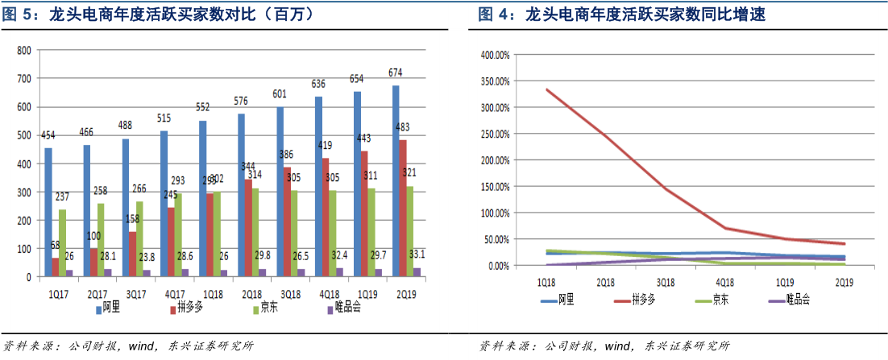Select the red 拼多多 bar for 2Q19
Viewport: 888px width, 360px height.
404,209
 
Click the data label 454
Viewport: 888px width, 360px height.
49,136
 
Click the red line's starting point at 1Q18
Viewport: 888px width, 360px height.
547,89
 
